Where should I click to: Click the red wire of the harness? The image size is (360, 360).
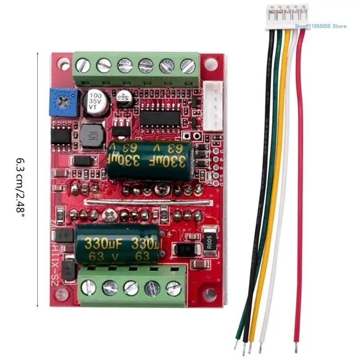pos(300,180)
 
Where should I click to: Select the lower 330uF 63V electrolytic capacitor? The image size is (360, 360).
pos(118,244)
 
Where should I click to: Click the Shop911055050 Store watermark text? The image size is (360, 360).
pos(321,26)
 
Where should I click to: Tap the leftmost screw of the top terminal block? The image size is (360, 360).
pos(83,66)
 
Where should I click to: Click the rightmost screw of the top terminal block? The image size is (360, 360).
pos(187,66)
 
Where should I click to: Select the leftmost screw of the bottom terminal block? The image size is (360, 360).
pos(88,287)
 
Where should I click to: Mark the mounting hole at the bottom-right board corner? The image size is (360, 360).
pos(209,295)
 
